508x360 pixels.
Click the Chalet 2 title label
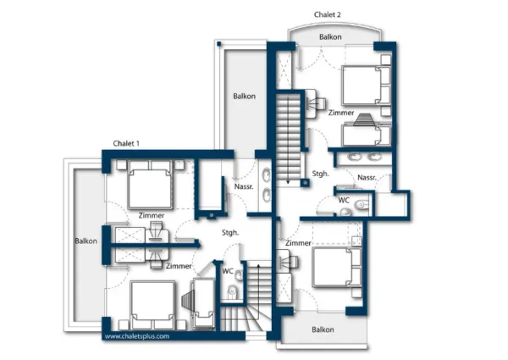327,14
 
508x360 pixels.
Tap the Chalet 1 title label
126,143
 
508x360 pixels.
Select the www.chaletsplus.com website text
137,336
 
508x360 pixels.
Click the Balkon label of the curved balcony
330,37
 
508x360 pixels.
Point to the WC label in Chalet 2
344,200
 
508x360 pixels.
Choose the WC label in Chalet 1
228,271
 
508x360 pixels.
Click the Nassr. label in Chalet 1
244,186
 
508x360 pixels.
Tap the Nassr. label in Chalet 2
367,178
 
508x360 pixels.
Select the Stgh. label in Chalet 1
230,233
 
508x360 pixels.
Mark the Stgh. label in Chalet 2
320,174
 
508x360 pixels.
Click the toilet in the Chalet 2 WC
362,205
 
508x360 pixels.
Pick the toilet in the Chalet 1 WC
232,291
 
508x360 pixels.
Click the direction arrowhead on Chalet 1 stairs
258,266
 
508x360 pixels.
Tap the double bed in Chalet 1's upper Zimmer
151,185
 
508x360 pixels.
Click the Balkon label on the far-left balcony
86,241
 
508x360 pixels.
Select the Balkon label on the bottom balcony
323,330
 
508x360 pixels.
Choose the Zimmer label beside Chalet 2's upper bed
341,113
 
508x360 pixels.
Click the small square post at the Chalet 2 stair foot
305,183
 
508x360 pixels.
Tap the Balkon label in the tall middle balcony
245,97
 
